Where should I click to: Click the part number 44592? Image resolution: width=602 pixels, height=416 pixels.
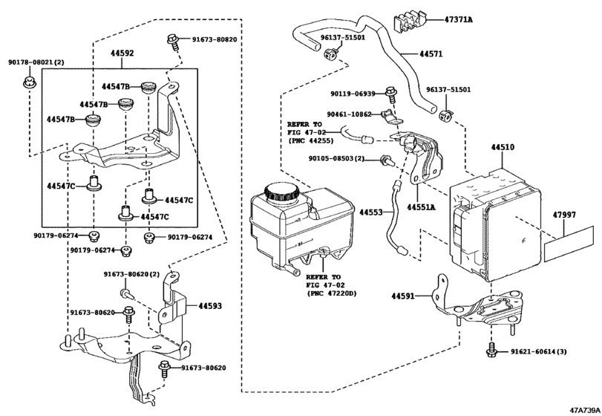pyautogui.click(x=122, y=53)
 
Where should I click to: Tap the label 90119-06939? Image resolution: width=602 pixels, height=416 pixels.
pyautogui.click(x=353, y=94)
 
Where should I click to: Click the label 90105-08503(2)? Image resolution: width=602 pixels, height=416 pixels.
pyautogui.click(x=338, y=158)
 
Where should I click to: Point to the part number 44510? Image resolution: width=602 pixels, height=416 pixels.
pyautogui.click(x=501, y=148)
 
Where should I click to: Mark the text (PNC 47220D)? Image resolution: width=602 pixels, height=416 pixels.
pyautogui.click(x=331, y=294)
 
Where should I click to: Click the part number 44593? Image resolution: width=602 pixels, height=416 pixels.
pyautogui.click(x=209, y=305)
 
